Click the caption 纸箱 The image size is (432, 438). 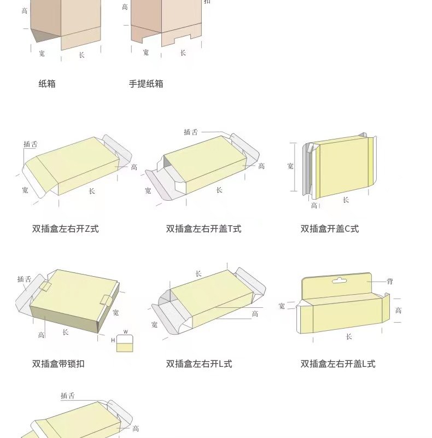[x=47, y=84]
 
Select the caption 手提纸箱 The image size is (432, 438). [x=146, y=84]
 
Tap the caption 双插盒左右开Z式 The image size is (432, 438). [x=66, y=229]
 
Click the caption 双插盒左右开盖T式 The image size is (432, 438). [x=203, y=229]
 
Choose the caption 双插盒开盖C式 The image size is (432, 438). [x=330, y=229]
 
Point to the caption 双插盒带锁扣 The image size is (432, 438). [x=59, y=364]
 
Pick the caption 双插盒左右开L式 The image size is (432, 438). [x=199, y=364]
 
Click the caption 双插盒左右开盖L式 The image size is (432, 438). [x=338, y=364]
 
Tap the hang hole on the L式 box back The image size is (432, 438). [x=340, y=281]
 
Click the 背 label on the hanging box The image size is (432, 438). [x=390, y=282]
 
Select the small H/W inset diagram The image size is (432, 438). [x=125, y=341]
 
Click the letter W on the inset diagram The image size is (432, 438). [x=125, y=332]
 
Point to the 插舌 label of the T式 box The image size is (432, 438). [x=191, y=132]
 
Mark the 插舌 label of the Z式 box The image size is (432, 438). [x=31, y=144]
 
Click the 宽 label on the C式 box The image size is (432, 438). [x=290, y=166]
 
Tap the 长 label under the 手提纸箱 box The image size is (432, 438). [x=183, y=53]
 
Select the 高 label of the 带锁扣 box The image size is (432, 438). [x=42, y=335]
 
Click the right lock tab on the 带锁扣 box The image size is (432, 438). [x=106, y=300]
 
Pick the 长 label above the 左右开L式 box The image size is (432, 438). [x=198, y=273]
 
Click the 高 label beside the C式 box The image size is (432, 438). [x=314, y=206]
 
